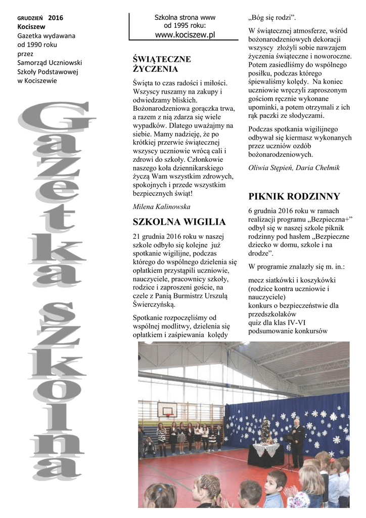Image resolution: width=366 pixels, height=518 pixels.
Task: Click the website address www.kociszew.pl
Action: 185,34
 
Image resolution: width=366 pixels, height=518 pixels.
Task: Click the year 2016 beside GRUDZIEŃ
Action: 56,18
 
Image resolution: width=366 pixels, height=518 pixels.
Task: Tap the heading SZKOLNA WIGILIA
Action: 179,222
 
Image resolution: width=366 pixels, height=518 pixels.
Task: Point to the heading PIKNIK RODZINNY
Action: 294,196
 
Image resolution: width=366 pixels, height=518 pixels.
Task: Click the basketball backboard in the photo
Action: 167,409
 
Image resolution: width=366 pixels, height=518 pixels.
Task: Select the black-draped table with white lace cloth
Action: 266,453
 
